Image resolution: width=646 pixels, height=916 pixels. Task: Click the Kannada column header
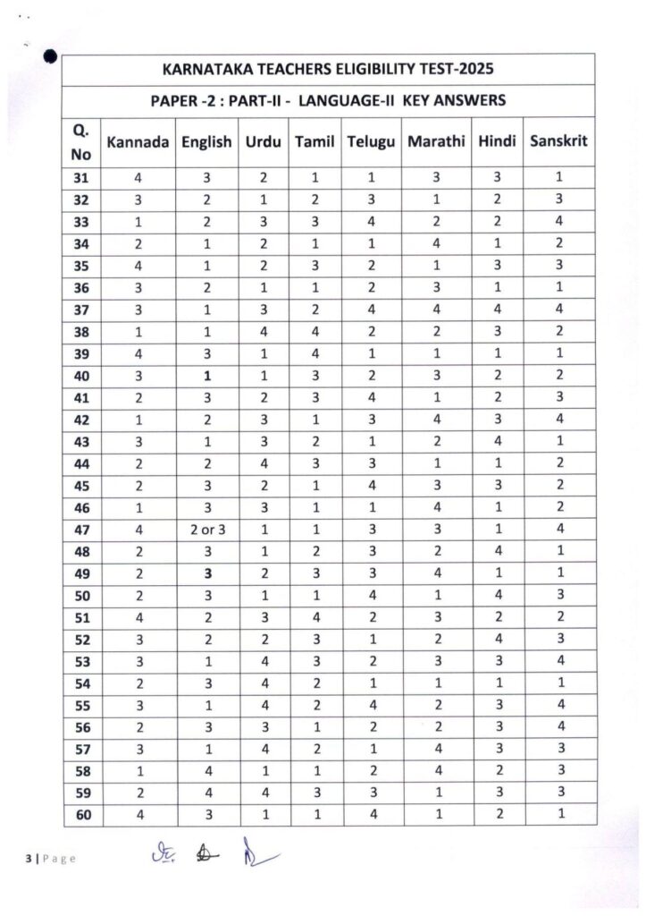pos(138,142)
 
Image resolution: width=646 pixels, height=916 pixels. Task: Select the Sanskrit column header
pos(558,141)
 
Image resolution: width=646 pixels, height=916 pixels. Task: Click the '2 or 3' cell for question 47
pos(206,529)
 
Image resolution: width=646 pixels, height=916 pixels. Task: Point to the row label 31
pos(82,178)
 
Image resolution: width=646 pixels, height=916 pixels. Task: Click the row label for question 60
pos(82,813)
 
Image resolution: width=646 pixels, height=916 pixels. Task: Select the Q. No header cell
pos(81,142)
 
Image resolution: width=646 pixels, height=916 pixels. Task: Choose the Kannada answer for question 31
pos(138,178)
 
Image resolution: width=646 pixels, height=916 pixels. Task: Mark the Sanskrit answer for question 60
pos(558,813)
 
